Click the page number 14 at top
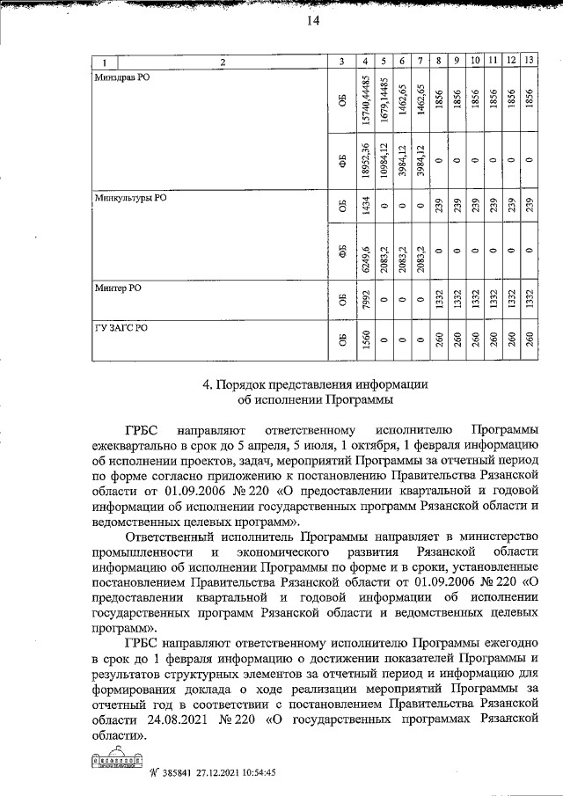coord(312,23)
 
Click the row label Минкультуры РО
coord(129,199)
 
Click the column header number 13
coord(528,61)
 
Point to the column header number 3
coord(341,61)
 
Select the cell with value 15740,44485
coord(365,101)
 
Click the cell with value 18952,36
coord(365,160)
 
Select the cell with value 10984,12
coord(384,160)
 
